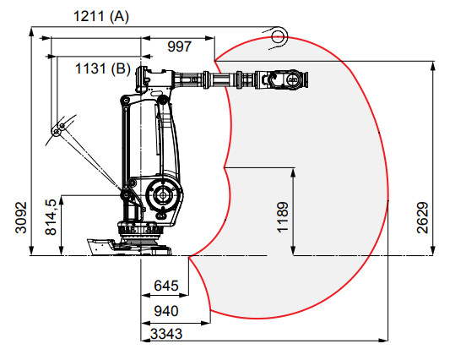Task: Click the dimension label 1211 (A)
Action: point(101,16)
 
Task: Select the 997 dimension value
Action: point(180,46)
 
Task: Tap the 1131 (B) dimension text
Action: point(103,68)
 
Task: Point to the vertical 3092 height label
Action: point(21,217)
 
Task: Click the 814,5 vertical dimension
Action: point(51,217)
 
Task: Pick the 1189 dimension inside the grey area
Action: point(282,217)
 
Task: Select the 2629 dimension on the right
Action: point(422,217)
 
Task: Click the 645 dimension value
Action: point(166,286)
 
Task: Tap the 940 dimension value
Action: point(166,311)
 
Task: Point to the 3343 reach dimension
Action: point(166,334)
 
